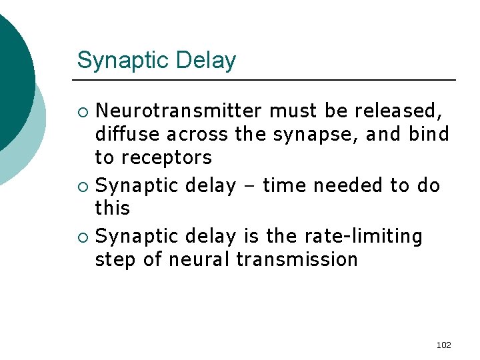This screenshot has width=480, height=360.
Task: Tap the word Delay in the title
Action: coord(207,61)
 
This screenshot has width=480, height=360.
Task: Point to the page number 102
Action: coord(443,345)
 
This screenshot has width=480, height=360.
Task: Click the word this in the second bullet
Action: coord(113,208)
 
